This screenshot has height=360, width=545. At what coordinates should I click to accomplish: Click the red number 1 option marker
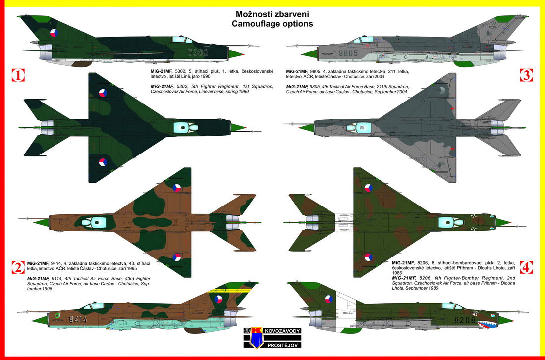click(x=18, y=75)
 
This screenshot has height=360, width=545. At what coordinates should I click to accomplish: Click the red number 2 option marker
click(x=18, y=268)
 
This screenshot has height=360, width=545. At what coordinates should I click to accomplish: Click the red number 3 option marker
click(x=526, y=75)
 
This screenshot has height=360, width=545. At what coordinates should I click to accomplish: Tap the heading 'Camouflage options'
click(x=274, y=23)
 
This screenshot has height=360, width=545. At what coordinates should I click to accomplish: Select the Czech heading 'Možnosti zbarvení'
click(x=274, y=14)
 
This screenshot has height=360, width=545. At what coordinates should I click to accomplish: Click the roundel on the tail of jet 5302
click(x=54, y=34)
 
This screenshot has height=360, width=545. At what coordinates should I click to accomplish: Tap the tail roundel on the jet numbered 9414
click(x=218, y=299)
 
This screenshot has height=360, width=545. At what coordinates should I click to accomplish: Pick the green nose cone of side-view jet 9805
click(x=308, y=53)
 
